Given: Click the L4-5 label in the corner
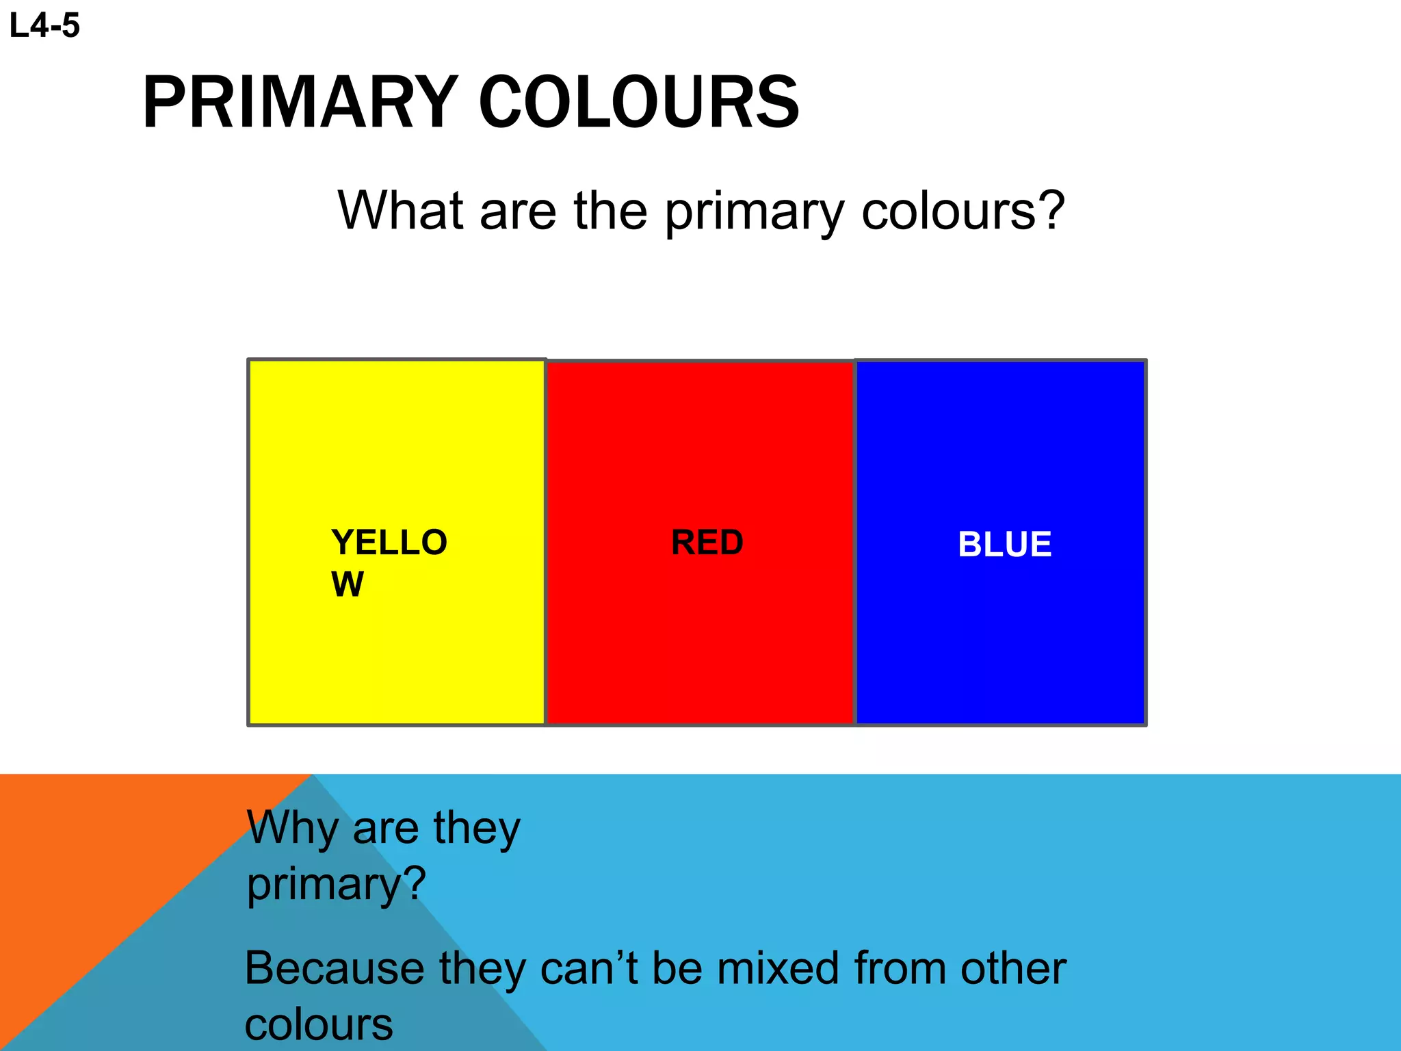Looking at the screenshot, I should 44,26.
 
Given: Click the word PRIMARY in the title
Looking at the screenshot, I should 300,103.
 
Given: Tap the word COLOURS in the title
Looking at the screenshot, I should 639,103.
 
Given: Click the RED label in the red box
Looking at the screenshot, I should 707,543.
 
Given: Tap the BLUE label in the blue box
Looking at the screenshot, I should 1004,545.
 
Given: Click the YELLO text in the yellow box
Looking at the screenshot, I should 389,543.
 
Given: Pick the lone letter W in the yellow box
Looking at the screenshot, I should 348,584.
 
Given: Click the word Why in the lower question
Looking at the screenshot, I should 292,829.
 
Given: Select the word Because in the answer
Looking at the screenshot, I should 334,968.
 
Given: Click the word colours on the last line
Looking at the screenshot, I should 319,1025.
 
